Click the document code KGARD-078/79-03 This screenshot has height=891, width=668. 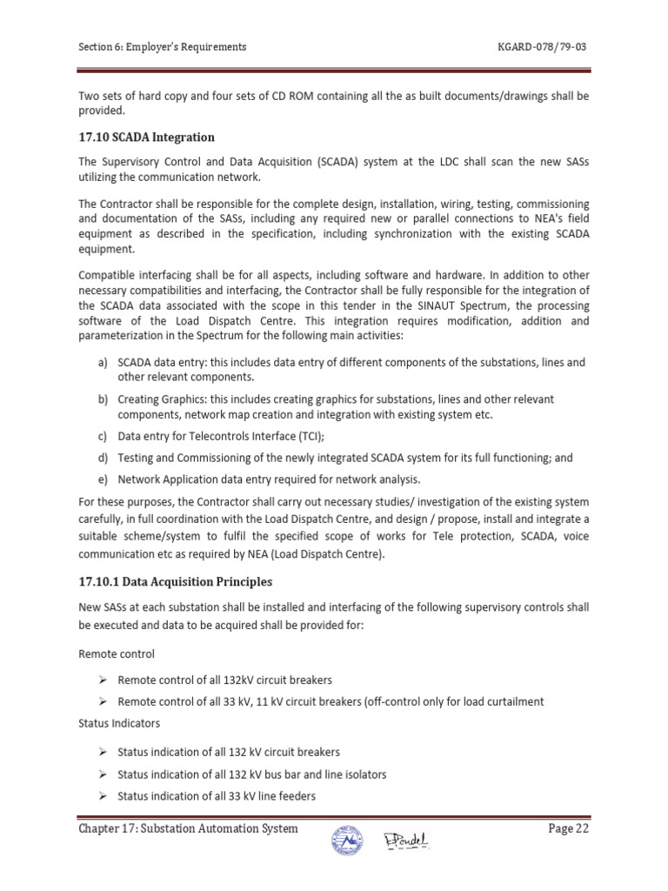pos(542,46)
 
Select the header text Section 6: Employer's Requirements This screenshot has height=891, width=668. pos(163,46)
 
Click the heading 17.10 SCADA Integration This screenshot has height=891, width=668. pos(146,137)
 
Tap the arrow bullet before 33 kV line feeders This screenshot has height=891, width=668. pos(102,796)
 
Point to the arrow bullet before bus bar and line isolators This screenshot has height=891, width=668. pos(102,774)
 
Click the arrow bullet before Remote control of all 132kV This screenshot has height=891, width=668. pos(102,680)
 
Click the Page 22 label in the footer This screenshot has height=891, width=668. pos(569,829)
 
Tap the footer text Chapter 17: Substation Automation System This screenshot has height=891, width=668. pos(188,829)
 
